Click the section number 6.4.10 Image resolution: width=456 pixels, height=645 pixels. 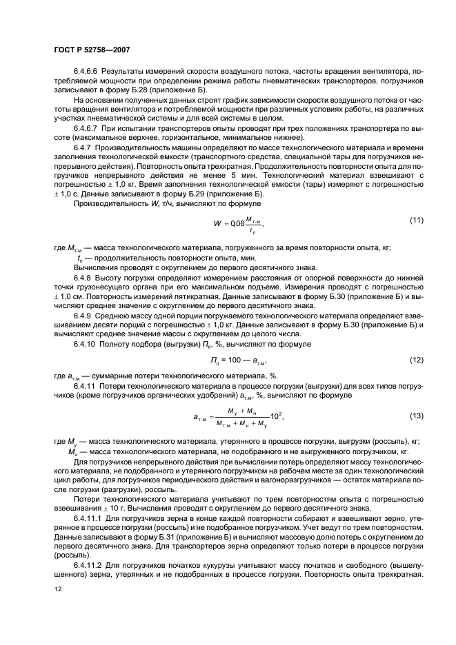click(86, 342)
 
